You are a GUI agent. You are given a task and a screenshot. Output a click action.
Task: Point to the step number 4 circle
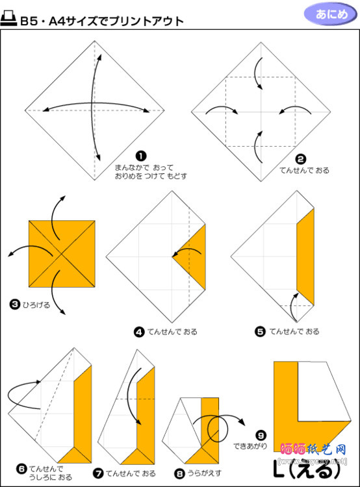tap(138, 332)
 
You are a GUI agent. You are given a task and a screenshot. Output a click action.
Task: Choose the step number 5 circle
tap(260, 332)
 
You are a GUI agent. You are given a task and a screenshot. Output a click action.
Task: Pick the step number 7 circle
tap(97, 473)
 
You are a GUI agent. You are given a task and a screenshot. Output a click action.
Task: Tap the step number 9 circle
tap(261, 436)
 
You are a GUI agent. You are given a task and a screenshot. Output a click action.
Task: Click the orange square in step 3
tap(62, 253)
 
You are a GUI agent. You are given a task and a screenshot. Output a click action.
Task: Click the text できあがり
tap(250, 447)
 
